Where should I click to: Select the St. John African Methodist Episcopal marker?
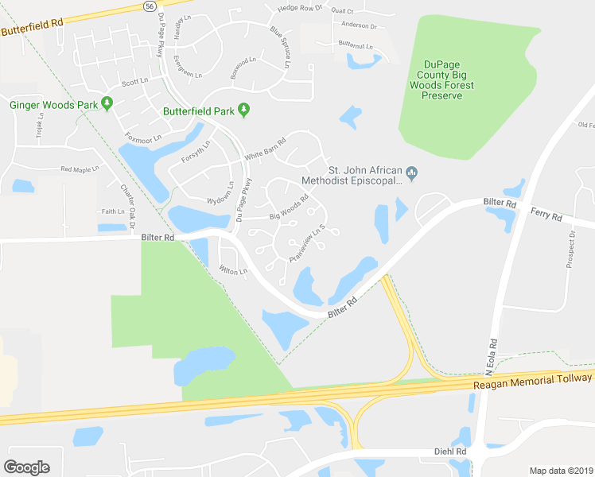412,172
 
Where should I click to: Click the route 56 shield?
150,6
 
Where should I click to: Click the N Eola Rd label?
492,357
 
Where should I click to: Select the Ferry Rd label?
546,216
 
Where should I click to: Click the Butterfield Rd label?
32,28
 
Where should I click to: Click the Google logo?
26,467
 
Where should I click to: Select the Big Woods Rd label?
289,209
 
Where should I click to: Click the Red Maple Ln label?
80,169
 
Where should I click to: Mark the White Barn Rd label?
265,153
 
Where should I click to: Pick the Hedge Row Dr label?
301,8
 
